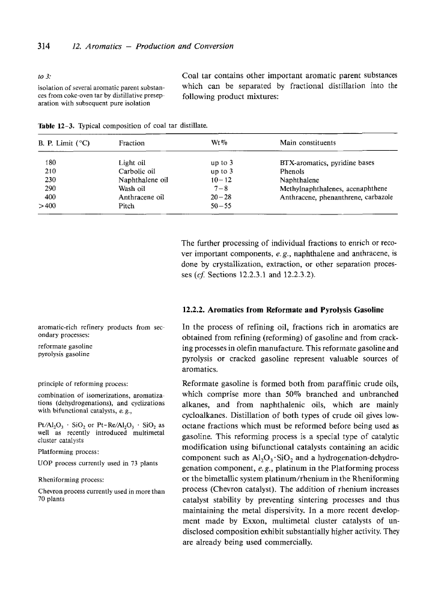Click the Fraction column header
(x=132, y=142)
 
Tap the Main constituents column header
(x=308, y=142)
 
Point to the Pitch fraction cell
(x=127, y=205)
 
